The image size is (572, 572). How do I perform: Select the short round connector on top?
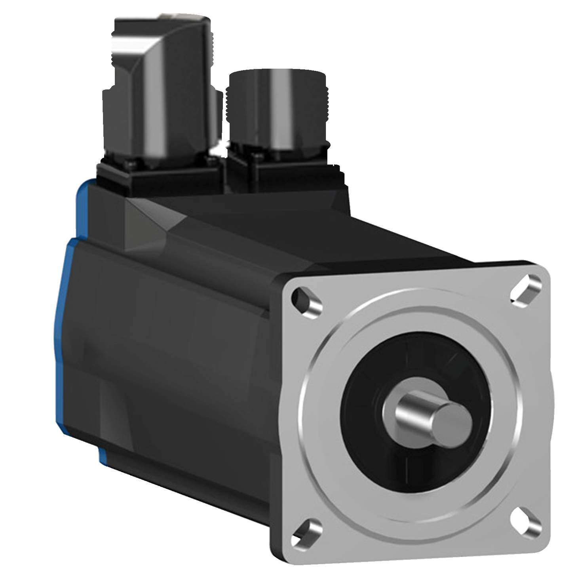point(277,111)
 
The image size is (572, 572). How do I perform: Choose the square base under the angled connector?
point(158,174)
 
